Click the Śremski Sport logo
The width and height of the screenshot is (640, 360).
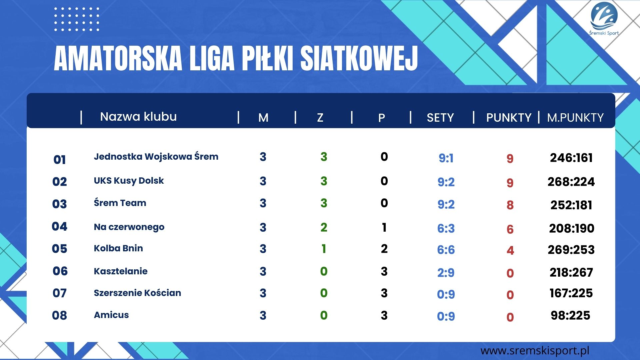604,19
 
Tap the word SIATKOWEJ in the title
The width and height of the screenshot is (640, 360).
359,59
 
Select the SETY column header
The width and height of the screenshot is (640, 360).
440,118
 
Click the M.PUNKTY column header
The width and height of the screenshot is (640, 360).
575,118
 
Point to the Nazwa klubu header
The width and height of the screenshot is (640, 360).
138,117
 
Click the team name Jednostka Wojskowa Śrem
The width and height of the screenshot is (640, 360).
156,157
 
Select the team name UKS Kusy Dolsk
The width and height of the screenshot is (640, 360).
129,181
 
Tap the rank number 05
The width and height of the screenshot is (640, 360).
60,249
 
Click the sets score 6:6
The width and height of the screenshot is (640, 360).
446,250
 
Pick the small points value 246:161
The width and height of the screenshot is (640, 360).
571,158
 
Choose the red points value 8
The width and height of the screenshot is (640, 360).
510,205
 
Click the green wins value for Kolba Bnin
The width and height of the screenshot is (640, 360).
324,249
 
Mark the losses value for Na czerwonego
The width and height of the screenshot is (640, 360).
384,227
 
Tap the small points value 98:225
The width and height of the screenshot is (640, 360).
570,315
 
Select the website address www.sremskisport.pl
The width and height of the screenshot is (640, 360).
535,351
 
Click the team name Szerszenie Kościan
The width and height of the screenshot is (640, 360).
137,293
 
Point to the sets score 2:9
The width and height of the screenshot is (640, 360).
446,273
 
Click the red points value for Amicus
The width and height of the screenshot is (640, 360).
510,317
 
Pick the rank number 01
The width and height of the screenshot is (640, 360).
60,160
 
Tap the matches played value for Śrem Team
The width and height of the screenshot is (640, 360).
263,203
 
